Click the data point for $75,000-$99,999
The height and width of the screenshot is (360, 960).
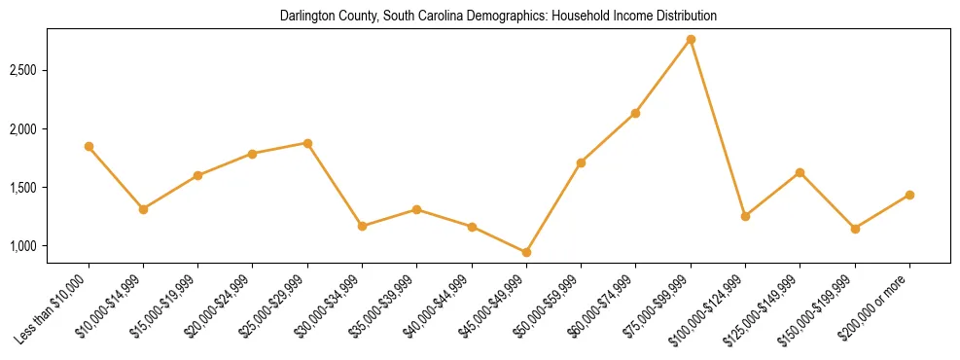(691, 39)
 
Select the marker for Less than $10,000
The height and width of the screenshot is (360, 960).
(89, 146)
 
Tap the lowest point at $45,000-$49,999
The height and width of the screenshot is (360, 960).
(526, 252)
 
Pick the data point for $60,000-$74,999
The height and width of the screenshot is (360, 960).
(635, 113)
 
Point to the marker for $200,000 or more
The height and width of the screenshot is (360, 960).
(909, 195)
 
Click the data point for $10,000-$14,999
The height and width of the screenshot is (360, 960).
(143, 209)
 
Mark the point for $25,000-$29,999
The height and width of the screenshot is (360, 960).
(307, 143)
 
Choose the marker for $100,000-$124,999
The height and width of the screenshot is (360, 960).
(745, 216)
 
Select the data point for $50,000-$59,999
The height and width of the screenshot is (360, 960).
(581, 162)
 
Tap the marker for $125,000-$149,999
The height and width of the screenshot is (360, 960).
(800, 172)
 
